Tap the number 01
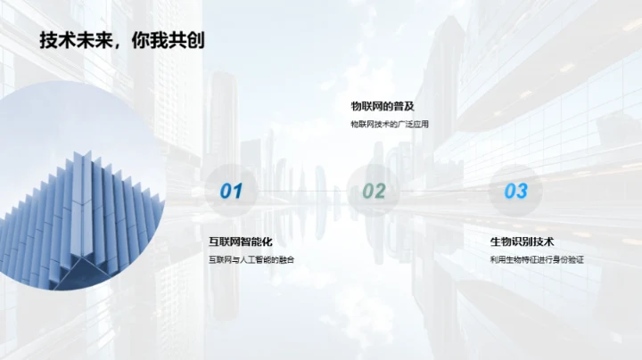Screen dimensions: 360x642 (231, 191)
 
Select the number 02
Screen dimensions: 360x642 (374, 191)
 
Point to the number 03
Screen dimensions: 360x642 (516, 191)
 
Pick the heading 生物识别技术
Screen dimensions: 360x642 (522, 241)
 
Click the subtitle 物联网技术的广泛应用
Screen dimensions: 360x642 (390, 124)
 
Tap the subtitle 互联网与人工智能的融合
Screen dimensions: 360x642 (251, 259)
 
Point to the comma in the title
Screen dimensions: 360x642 (117, 45)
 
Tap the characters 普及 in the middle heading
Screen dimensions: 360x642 (404, 106)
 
